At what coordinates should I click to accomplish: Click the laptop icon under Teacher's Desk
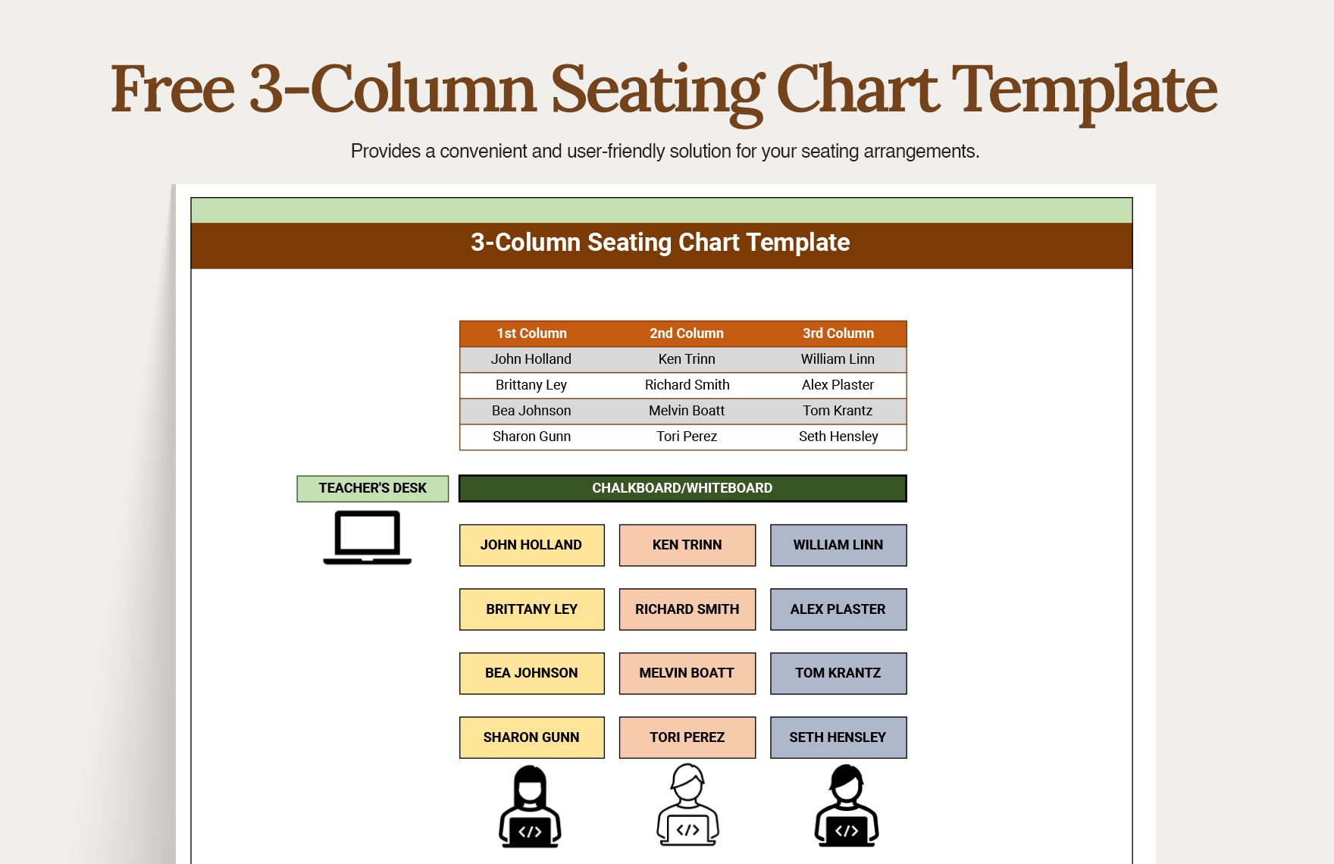coord(368,537)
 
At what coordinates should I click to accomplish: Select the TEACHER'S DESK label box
coord(372,488)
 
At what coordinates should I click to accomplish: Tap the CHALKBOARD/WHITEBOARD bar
coord(682,488)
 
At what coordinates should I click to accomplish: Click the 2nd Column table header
coord(686,333)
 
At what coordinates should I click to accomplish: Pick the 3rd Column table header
coord(838,333)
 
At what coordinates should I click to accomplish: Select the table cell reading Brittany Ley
coord(531,385)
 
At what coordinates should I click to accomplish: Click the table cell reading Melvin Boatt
coord(686,411)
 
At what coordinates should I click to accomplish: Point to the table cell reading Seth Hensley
coord(838,437)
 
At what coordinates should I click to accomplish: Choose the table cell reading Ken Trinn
coord(686,359)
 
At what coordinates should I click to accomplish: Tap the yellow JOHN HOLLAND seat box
coord(531,545)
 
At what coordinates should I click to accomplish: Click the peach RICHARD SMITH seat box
coord(687,609)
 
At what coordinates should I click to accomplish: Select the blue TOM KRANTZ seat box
coord(838,673)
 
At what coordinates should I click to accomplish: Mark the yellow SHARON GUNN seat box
coord(531,737)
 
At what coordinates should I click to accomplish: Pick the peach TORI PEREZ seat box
coord(687,737)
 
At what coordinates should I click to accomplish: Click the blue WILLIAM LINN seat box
coord(838,545)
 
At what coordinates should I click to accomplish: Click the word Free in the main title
coord(173,89)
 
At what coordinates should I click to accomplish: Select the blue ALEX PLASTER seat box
coord(838,609)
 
